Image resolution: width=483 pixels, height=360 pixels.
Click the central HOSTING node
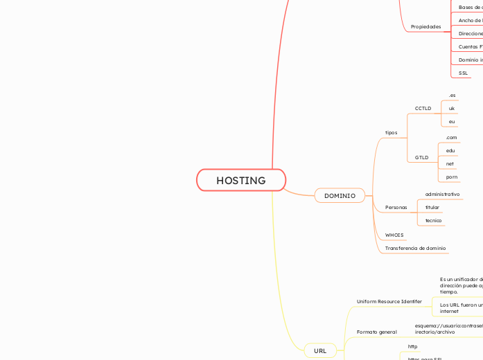click(240, 180)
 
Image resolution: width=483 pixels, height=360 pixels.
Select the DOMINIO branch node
click(340, 196)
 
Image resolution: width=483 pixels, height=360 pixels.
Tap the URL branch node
click(320, 350)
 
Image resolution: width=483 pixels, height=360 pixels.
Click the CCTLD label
click(423, 109)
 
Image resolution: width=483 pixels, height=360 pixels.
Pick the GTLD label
click(421, 157)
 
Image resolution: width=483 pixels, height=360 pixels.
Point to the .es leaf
click(452, 95)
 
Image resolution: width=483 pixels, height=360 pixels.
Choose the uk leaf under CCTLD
click(452, 109)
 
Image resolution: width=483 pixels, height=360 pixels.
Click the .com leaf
click(451, 137)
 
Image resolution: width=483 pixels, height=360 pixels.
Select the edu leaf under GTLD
click(450, 150)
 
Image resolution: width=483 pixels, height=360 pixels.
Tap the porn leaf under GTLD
click(452, 177)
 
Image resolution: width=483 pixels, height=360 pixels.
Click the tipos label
click(392, 132)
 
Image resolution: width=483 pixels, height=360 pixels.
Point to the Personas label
click(396, 208)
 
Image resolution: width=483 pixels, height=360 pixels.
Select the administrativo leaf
click(442, 195)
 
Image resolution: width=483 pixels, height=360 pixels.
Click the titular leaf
click(432, 208)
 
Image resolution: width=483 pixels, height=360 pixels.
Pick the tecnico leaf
click(433, 220)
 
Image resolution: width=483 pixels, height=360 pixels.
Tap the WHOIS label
click(394, 235)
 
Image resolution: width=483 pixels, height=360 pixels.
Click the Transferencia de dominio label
click(415, 248)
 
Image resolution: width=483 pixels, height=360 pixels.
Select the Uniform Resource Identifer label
click(389, 302)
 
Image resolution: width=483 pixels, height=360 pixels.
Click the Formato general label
click(376, 332)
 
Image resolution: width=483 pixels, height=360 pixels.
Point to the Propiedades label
click(425, 26)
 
